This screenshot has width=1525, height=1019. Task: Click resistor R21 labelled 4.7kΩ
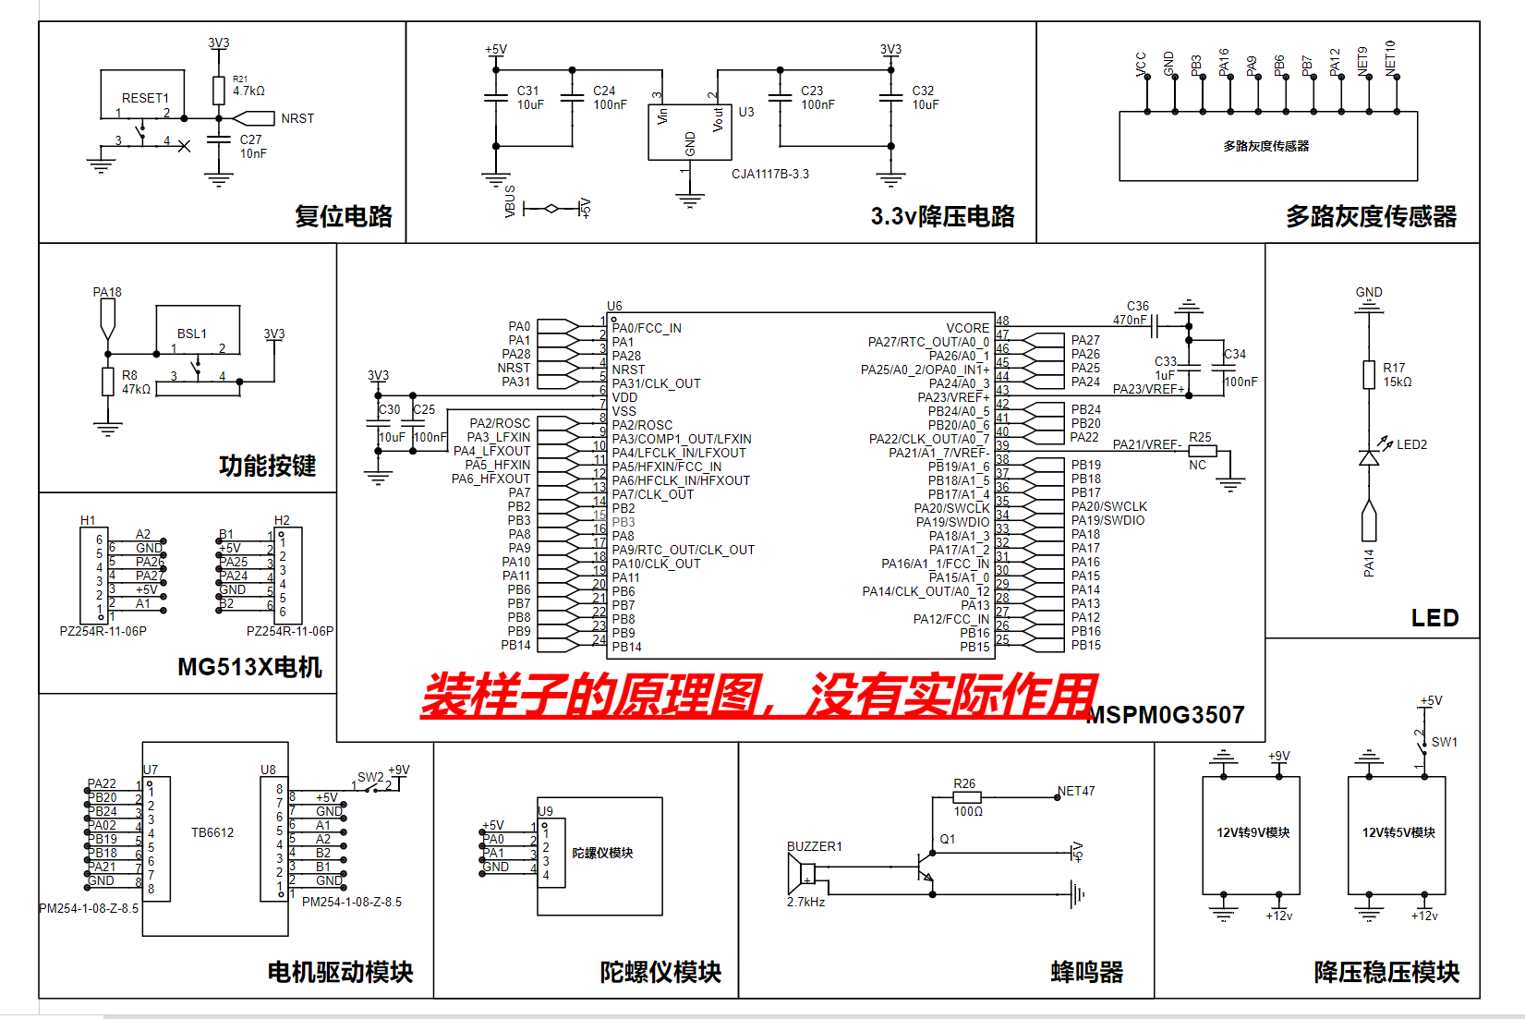[219, 91]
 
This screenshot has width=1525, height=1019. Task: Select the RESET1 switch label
[145, 98]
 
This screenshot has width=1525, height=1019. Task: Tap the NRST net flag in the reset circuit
[297, 118]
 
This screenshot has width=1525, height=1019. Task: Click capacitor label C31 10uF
[529, 98]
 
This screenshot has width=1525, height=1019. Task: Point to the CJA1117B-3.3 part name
[769, 174]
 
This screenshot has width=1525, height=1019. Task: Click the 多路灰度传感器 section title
[1371, 217]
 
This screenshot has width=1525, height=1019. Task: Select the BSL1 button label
[192, 334]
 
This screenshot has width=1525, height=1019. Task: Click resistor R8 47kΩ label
[135, 382]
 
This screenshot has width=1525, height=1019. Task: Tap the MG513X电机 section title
[249, 667]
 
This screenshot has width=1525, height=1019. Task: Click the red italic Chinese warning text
[757, 695]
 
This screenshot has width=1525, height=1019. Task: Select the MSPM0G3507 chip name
[1166, 715]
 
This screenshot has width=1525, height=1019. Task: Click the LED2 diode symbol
[1369, 456]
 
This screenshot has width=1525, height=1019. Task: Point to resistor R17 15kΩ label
[1397, 374]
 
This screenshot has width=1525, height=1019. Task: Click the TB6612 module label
[212, 832]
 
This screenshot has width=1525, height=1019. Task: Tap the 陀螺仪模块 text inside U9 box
[602, 853]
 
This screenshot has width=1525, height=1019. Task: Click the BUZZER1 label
[814, 846]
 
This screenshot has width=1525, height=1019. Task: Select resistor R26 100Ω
[966, 796]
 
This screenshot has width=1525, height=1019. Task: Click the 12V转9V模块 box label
[1253, 832]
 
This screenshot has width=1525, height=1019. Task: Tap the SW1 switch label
[1444, 742]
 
